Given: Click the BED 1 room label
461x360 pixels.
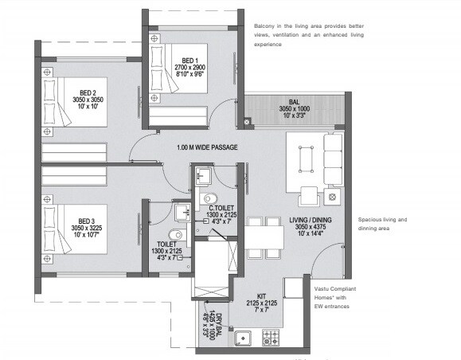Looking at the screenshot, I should [189, 60].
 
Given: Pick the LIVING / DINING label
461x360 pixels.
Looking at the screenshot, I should [311, 219].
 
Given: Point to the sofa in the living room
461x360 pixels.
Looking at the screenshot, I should [332, 159].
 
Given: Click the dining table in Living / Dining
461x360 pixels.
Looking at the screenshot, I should [264, 237].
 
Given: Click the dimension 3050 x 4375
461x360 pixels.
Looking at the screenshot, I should [311, 227].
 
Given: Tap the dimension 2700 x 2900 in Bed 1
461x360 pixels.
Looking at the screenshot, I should [189, 68].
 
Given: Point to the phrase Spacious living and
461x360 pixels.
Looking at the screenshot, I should [382, 219].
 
